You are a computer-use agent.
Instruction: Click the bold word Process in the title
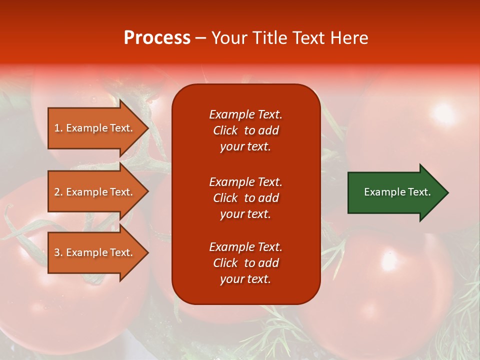point(157,38)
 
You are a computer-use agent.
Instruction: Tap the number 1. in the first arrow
point(58,128)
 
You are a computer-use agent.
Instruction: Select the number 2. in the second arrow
point(58,192)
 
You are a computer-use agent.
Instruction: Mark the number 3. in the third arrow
point(58,252)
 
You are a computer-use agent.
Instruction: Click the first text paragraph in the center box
point(245,130)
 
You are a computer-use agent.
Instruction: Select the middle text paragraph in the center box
point(245,198)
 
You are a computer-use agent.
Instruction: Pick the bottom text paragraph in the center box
point(245,263)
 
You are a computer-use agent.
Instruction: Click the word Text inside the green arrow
point(420,192)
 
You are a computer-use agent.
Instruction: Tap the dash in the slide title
point(201,38)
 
